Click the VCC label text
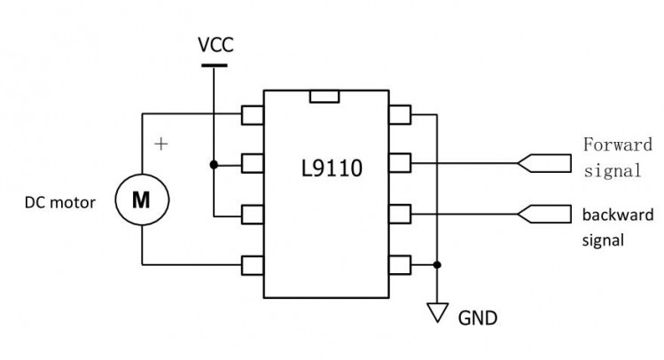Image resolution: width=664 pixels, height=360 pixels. (215, 45)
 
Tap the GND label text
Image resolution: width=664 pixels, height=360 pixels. (478, 318)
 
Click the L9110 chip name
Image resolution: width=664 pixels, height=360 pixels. (332, 168)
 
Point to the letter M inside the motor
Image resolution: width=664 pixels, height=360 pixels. (141, 200)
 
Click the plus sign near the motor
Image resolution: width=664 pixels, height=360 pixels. (161, 144)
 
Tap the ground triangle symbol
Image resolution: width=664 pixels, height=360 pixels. (437, 313)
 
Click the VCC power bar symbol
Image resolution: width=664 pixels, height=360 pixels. (214, 66)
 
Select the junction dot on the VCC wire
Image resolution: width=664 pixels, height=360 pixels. (214, 164)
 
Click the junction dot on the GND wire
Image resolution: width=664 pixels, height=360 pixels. (437, 265)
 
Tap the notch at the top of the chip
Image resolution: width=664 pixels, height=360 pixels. (324, 97)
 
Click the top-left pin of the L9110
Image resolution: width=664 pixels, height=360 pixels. (253, 114)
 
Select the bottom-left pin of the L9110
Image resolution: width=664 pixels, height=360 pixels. (253, 265)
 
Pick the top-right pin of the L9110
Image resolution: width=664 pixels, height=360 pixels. (400, 114)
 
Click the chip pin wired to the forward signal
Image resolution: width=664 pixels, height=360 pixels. (400, 163)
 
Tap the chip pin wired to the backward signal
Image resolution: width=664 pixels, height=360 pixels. (400, 214)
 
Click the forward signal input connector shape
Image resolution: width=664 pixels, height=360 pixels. (544, 163)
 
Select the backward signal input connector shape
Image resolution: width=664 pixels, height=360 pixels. (544, 215)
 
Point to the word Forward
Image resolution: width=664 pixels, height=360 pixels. (617, 145)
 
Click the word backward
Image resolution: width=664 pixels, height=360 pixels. (618, 215)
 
